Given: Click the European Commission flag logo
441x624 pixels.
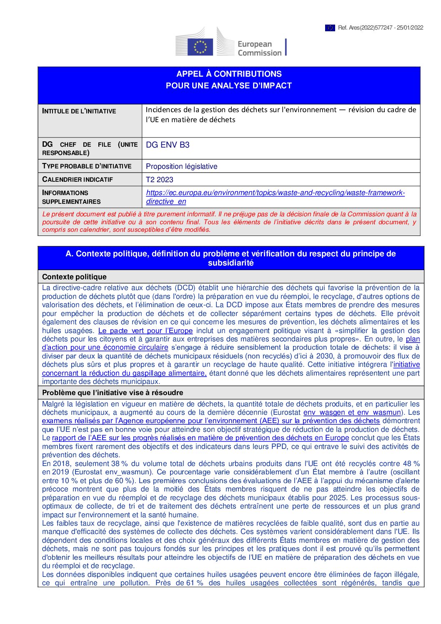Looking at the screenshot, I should [200, 47].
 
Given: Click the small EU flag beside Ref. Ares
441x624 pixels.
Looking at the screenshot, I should [330, 28].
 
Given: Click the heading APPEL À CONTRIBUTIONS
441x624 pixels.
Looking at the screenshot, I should [229, 74].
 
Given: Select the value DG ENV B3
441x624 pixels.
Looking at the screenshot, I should [168, 145].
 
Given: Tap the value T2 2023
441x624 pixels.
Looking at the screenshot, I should [159, 180].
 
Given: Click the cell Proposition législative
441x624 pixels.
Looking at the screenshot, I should [181, 166].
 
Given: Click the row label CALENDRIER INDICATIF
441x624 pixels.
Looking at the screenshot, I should [78, 180].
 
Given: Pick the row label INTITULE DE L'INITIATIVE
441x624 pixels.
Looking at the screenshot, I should [79, 111].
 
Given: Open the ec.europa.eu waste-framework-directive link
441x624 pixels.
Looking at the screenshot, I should [275, 193].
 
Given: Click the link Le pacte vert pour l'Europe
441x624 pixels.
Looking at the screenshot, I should [145, 331].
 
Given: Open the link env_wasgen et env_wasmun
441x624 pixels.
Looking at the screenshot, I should [352, 412].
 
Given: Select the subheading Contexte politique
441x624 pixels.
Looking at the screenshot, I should [74, 277].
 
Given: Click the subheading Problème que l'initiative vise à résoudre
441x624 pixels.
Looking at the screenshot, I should [113, 393].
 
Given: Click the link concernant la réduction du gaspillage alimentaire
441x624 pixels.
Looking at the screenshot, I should [124, 373].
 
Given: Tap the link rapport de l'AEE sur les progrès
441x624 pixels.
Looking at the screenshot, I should [200, 438].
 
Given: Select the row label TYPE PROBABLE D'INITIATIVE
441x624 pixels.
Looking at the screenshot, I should [87, 166].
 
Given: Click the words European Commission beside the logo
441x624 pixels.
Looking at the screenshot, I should [259, 48].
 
